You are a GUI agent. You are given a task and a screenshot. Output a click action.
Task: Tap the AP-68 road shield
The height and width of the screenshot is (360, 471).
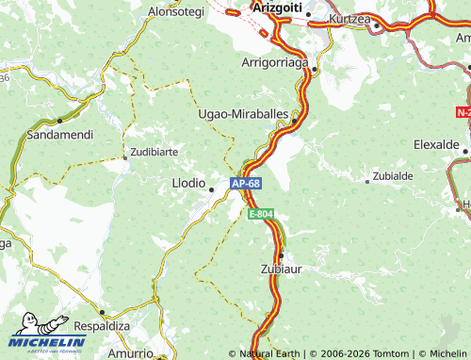pos(245,183)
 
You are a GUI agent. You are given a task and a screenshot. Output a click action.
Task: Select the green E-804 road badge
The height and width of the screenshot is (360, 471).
pos(261,215)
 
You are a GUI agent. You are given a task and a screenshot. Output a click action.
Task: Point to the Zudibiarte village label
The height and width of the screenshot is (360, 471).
pos(155,151)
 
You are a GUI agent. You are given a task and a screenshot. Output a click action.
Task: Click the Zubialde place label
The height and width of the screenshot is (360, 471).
pos(393,176)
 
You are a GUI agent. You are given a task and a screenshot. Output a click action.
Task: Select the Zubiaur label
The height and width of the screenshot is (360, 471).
pos(280,269)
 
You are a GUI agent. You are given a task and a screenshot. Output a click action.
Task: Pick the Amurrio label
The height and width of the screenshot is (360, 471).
pos(130,352)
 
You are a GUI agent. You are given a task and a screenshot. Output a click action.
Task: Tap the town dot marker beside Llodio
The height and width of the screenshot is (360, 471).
pos(211,189)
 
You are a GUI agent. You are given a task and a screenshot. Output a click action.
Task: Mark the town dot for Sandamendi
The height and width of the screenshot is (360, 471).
pos(59,121)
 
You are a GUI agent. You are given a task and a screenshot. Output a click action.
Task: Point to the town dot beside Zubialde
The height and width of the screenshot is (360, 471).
pos(367,179)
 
